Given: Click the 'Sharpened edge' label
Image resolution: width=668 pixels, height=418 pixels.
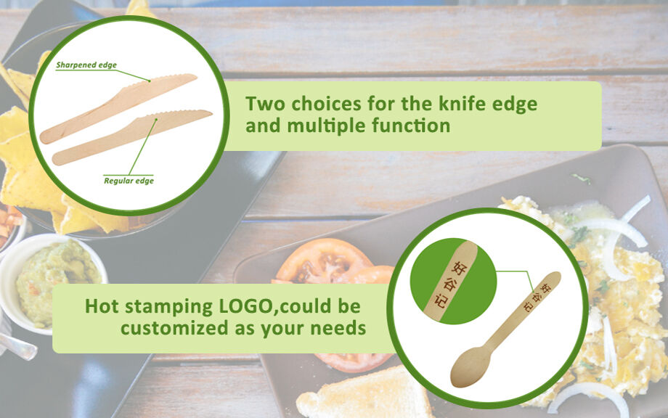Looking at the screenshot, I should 86,65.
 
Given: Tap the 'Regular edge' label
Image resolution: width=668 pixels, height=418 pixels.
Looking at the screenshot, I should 129,181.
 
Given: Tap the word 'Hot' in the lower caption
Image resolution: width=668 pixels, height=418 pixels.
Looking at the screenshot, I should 103,306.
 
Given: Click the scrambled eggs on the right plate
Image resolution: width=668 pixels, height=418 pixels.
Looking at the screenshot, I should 624,305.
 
